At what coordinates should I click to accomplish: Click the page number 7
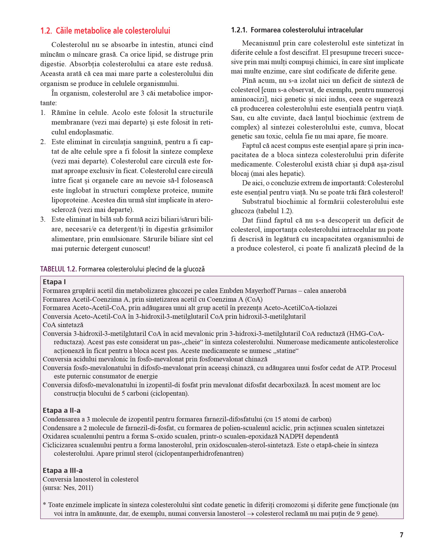(401, 535)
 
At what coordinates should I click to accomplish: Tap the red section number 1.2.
(46, 31)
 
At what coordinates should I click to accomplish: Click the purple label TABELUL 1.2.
(58, 269)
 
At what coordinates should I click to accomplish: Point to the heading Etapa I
(54, 282)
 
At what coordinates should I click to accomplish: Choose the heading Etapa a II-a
(61, 410)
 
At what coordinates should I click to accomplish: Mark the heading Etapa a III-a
(62, 470)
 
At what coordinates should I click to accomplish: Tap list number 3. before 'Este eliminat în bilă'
(43, 219)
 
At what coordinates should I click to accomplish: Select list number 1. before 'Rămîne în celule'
(43, 113)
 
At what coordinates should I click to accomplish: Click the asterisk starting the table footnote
(45, 505)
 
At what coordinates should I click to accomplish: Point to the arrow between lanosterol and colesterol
(250, 514)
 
